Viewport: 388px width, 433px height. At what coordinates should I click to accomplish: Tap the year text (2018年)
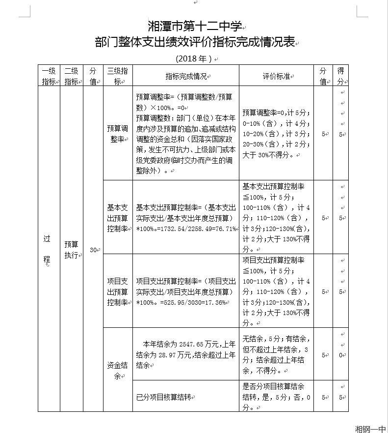194,58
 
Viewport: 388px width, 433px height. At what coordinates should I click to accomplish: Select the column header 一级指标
49,76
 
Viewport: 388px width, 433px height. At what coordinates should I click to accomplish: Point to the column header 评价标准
276,76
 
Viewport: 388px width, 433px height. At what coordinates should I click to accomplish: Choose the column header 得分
340,76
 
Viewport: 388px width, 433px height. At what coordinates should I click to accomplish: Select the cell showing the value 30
93,250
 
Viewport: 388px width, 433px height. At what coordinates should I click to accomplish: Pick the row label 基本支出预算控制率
118,217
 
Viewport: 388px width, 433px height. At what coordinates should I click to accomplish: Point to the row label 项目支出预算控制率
118,291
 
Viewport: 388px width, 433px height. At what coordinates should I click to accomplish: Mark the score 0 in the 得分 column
340,355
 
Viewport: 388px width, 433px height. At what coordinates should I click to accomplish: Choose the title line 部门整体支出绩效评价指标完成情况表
195,42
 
